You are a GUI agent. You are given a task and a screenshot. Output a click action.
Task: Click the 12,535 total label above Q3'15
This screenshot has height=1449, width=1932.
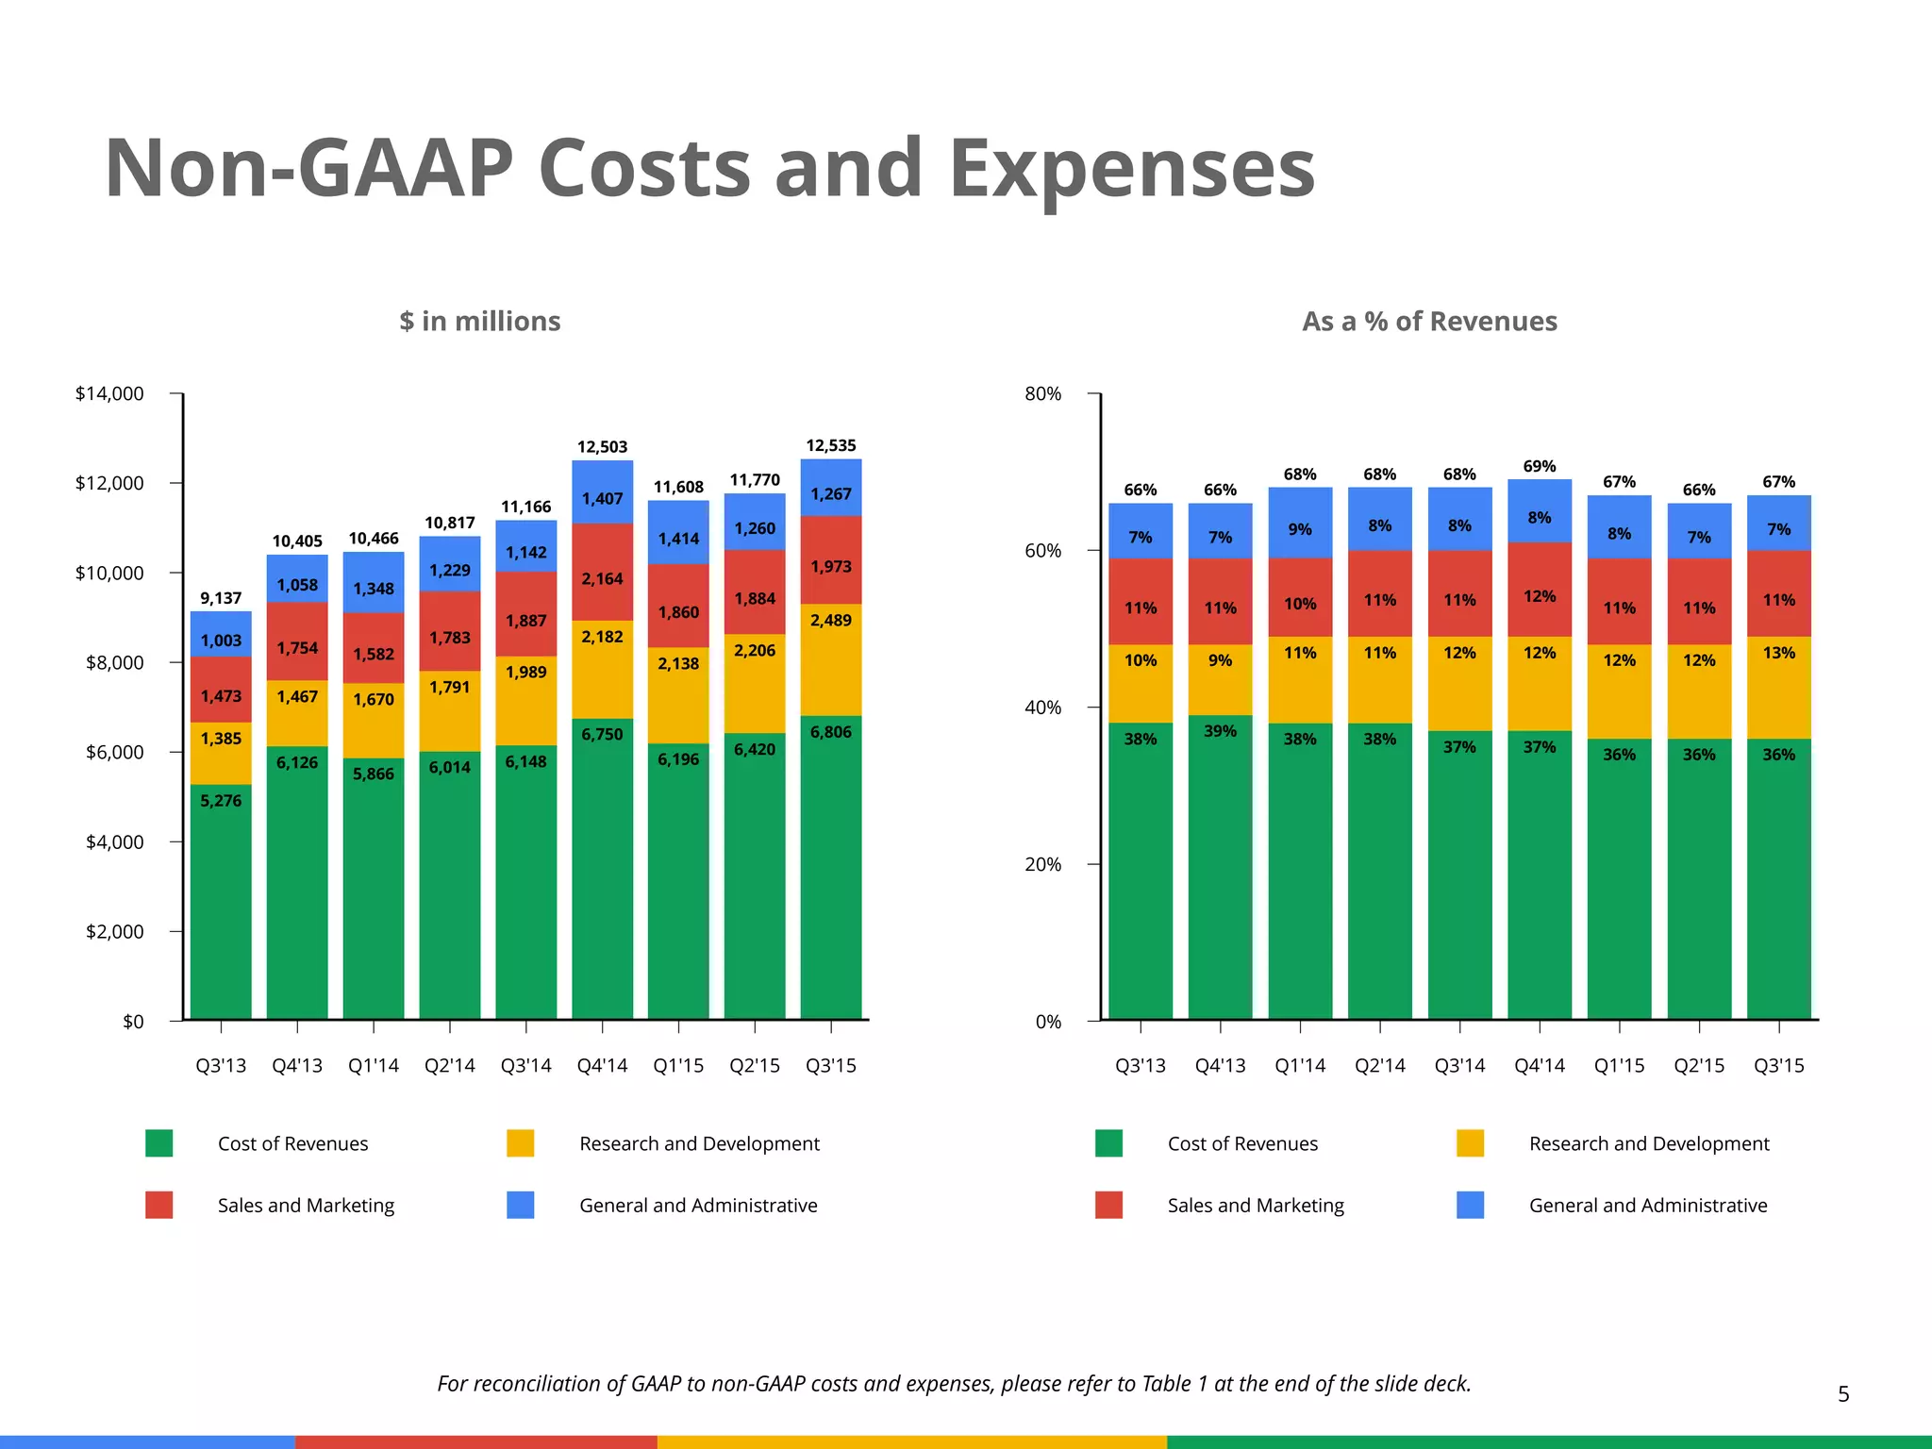point(830,445)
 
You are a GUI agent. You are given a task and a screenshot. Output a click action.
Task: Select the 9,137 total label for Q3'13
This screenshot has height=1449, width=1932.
point(221,598)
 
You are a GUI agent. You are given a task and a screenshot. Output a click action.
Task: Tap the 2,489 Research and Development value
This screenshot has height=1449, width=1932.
point(830,620)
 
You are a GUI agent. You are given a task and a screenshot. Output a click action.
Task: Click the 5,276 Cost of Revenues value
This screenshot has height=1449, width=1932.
point(221,801)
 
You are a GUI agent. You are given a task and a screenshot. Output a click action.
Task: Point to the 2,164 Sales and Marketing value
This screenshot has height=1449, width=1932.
point(602,578)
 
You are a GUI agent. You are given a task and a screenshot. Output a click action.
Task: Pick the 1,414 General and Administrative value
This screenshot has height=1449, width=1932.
point(678,539)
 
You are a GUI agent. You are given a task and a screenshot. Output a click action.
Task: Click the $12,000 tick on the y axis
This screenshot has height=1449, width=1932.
point(109,483)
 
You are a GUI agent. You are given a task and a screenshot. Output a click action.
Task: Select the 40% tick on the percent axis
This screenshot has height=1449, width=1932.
point(1042,708)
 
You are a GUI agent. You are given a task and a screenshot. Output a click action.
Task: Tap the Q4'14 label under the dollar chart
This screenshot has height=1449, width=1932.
point(602,1066)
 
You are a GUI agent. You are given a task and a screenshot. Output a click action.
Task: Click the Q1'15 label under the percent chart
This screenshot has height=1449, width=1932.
point(1619,1066)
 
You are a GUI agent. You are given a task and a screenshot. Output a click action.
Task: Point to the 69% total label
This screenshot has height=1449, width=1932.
point(1540,467)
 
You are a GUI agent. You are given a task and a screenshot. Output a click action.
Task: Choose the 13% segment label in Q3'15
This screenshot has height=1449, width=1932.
point(1778,653)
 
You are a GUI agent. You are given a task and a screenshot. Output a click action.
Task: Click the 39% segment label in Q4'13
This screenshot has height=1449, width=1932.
point(1220,731)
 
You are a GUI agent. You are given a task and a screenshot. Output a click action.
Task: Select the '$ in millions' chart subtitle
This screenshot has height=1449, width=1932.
point(479,322)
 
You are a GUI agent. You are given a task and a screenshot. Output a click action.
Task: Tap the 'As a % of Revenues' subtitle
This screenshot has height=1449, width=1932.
point(1429,322)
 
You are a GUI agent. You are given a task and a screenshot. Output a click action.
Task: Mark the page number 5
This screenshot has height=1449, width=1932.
point(1843,1394)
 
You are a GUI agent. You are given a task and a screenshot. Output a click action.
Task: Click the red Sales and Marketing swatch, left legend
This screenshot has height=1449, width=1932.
point(159,1205)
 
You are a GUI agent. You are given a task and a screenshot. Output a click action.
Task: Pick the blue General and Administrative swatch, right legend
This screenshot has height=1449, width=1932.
point(1470,1205)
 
